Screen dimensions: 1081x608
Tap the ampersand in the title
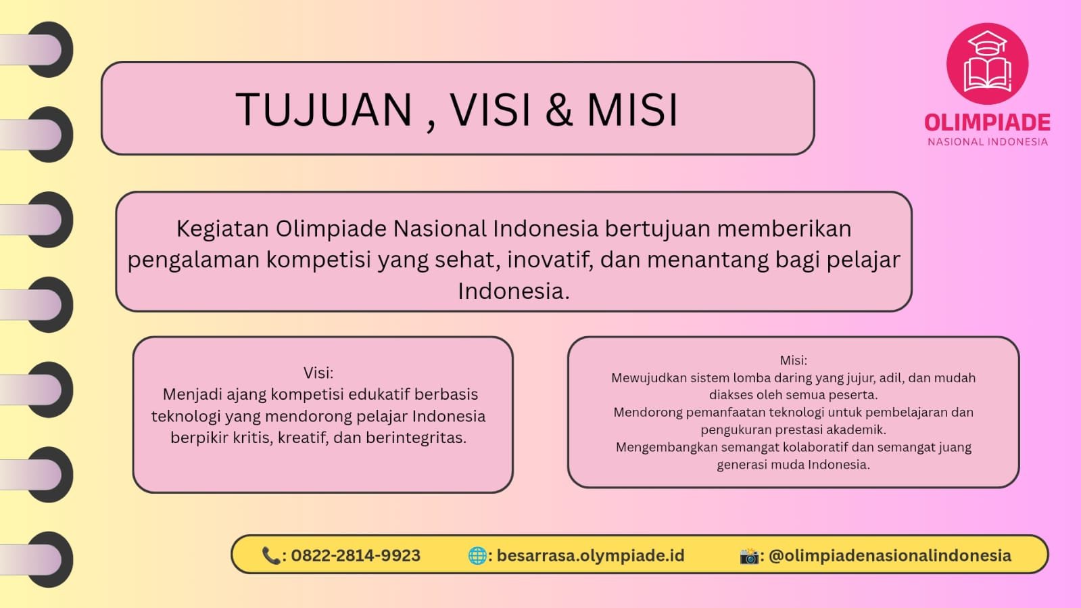click(559, 110)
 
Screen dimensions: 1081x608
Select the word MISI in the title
click(632, 110)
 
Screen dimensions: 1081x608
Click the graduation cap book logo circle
click(988, 64)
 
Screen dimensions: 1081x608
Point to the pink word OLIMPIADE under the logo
click(988, 122)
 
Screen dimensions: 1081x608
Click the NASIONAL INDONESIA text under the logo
click(988, 142)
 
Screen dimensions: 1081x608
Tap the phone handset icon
click(270, 555)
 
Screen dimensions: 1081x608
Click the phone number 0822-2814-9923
click(356, 555)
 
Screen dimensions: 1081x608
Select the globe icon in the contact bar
click(477, 555)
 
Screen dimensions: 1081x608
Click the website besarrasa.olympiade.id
click(591, 556)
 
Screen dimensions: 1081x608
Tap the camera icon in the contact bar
click(749, 556)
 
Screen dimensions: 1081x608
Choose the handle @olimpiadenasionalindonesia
click(890, 555)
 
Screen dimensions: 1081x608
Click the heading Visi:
click(318, 373)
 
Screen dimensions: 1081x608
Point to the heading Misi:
click(794, 360)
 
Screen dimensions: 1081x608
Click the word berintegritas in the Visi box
click(416, 438)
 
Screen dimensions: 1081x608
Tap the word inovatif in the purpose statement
click(550, 259)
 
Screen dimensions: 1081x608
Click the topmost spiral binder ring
click(50, 49)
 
